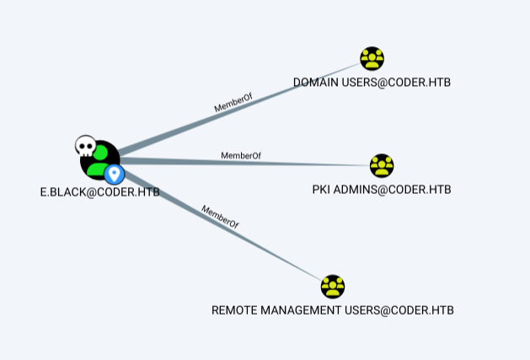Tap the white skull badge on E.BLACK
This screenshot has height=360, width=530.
(x=85, y=146)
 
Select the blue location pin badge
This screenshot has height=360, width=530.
(x=115, y=175)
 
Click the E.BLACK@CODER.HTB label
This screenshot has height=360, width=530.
(x=99, y=192)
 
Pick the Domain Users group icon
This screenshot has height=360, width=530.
(x=372, y=58)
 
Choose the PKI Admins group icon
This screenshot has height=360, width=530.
(x=382, y=165)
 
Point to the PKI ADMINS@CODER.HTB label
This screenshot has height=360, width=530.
(x=381, y=190)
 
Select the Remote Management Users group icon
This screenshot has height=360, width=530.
(x=333, y=287)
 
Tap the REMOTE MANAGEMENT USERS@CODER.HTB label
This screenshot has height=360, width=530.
(x=332, y=310)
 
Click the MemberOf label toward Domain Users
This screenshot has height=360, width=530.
(x=233, y=103)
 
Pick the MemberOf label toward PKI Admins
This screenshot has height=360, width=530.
(x=241, y=155)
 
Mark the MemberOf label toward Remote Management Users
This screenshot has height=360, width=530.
(x=220, y=217)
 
